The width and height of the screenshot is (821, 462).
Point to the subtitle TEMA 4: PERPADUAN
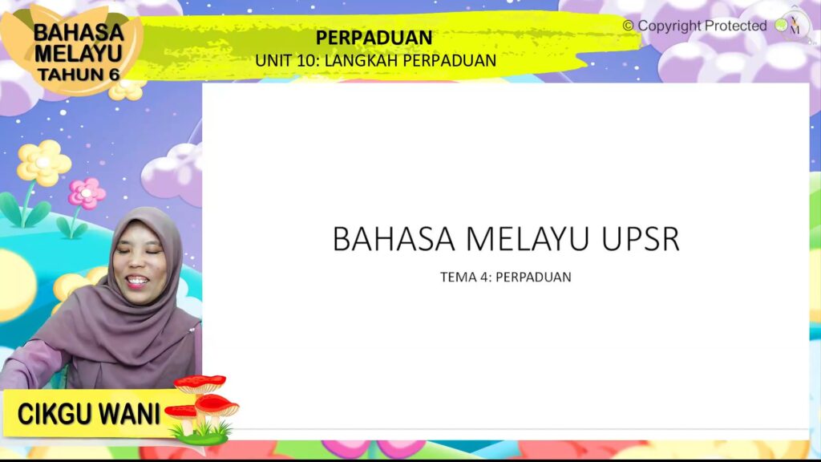click(x=505, y=278)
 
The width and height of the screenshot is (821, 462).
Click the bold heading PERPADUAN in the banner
click(x=374, y=38)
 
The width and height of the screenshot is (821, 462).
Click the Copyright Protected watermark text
click(x=702, y=26)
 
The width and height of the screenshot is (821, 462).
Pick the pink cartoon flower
click(x=86, y=193)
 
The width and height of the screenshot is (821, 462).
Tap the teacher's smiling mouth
click(x=137, y=281)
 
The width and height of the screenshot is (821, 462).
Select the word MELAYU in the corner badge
click(x=79, y=53)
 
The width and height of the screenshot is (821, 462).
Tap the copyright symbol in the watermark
click(x=628, y=26)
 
